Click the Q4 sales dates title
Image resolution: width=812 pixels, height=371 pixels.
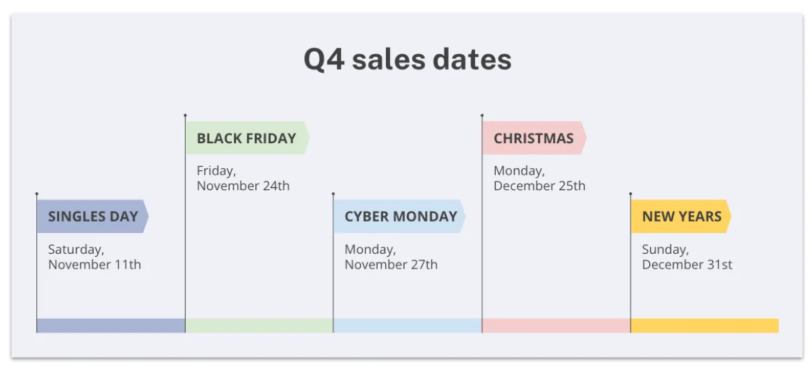407,60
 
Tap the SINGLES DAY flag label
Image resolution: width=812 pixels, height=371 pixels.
93,216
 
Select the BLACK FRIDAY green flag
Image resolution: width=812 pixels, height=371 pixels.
247,138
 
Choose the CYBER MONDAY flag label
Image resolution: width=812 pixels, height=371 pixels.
399,216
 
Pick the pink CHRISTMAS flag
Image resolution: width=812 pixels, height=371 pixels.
534,138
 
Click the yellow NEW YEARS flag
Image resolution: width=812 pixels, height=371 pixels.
681,216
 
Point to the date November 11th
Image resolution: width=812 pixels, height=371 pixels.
94,265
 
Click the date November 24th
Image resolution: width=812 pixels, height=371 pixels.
243,186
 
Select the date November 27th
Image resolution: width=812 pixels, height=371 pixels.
391,265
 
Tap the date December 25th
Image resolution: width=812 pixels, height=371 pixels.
539,186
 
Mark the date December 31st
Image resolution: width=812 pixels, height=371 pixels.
687,265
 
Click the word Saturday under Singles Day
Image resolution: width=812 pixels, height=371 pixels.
76,250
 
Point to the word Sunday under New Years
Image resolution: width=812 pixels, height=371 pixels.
665,250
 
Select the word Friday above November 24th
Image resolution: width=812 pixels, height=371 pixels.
216,171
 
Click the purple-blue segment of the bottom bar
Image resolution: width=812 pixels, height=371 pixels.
111,325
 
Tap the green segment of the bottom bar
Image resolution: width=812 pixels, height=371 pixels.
259,325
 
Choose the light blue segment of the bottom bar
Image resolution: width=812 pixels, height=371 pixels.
408,325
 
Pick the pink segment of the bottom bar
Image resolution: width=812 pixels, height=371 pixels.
557,325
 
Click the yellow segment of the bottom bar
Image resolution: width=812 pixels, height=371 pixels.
705,325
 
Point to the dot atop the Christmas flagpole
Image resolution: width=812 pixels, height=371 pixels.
482,116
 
